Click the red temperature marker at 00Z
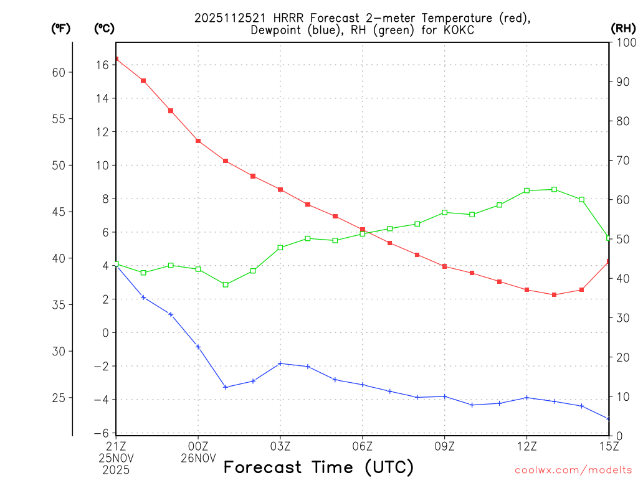click(x=198, y=141)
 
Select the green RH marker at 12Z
click(x=526, y=190)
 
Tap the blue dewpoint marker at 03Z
click(x=280, y=363)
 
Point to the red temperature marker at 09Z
click(x=445, y=266)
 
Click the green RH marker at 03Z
click(x=280, y=248)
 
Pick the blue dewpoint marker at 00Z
click(x=198, y=347)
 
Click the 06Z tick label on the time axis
click(x=362, y=446)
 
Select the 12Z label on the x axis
click(x=526, y=446)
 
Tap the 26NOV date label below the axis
click(x=198, y=458)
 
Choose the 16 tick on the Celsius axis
click(x=103, y=65)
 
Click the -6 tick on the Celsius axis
click(x=101, y=433)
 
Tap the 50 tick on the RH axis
click(x=621, y=239)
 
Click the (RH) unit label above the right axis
click(x=622, y=28)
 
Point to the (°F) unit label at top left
click(x=60, y=28)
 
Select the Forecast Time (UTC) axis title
click(x=318, y=467)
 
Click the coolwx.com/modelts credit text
click(x=573, y=471)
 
